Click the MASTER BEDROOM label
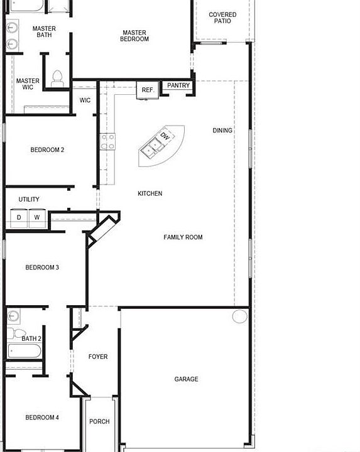[x=135, y=36]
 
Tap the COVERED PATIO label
[x=222, y=18]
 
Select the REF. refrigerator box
[x=148, y=90]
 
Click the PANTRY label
[x=178, y=86]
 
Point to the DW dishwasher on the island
[x=165, y=136]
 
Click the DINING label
[x=222, y=131]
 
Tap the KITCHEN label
[x=150, y=193]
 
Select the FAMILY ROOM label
[x=183, y=237]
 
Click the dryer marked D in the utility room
[x=19, y=218]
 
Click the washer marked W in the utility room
[x=37, y=218]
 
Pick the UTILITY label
[x=29, y=200]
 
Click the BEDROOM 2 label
[x=47, y=150]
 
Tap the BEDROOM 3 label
[x=42, y=267]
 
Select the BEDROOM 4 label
[x=42, y=417]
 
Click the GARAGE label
[x=186, y=379]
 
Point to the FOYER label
[x=98, y=357]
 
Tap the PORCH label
[x=99, y=422]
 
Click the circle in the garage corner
[x=240, y=316]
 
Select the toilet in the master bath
[x=57, y=77]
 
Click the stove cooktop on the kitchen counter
[x=107, y=141]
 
